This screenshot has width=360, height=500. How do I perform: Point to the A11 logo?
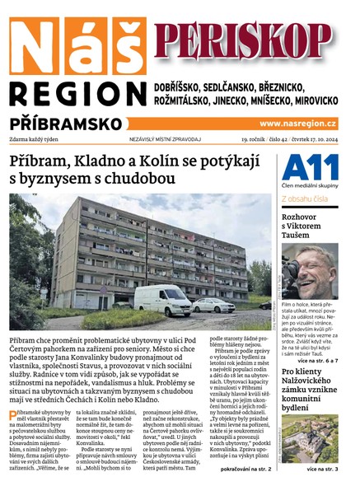(x=309, y=169)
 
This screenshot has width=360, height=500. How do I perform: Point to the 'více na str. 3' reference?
(x=321, y=469)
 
